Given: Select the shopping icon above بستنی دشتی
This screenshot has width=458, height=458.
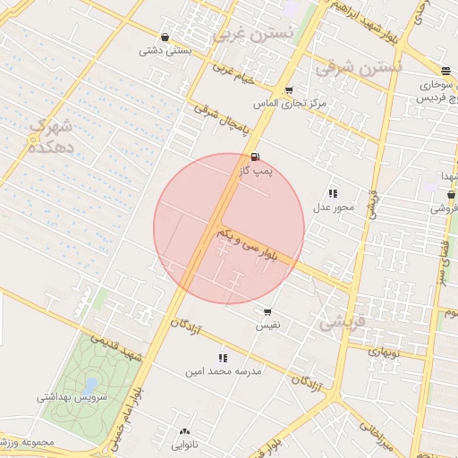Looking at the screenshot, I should tap(165, 37).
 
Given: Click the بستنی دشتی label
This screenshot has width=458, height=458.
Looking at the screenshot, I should tap(165, 51).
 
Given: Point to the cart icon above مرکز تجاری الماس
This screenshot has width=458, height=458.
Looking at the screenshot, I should tap(288, 90).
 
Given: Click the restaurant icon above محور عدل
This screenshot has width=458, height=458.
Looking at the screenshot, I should tap(333, 193).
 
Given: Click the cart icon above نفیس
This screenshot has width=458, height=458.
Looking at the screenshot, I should tap(267, 312).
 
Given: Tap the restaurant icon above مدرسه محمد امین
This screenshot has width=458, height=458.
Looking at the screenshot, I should tap(222, 358).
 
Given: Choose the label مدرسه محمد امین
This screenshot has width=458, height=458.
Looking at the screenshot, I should tap(222, 371).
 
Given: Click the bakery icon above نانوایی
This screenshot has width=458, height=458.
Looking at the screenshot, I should tap(185, 431).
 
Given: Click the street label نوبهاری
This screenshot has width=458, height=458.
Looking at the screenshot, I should tap(385, 352).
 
